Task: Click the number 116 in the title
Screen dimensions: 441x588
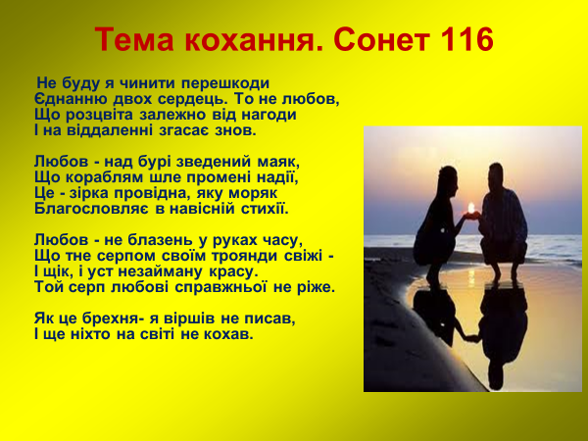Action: tap(461, 41)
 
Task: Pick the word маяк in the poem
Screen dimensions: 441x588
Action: tap(278, 161)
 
